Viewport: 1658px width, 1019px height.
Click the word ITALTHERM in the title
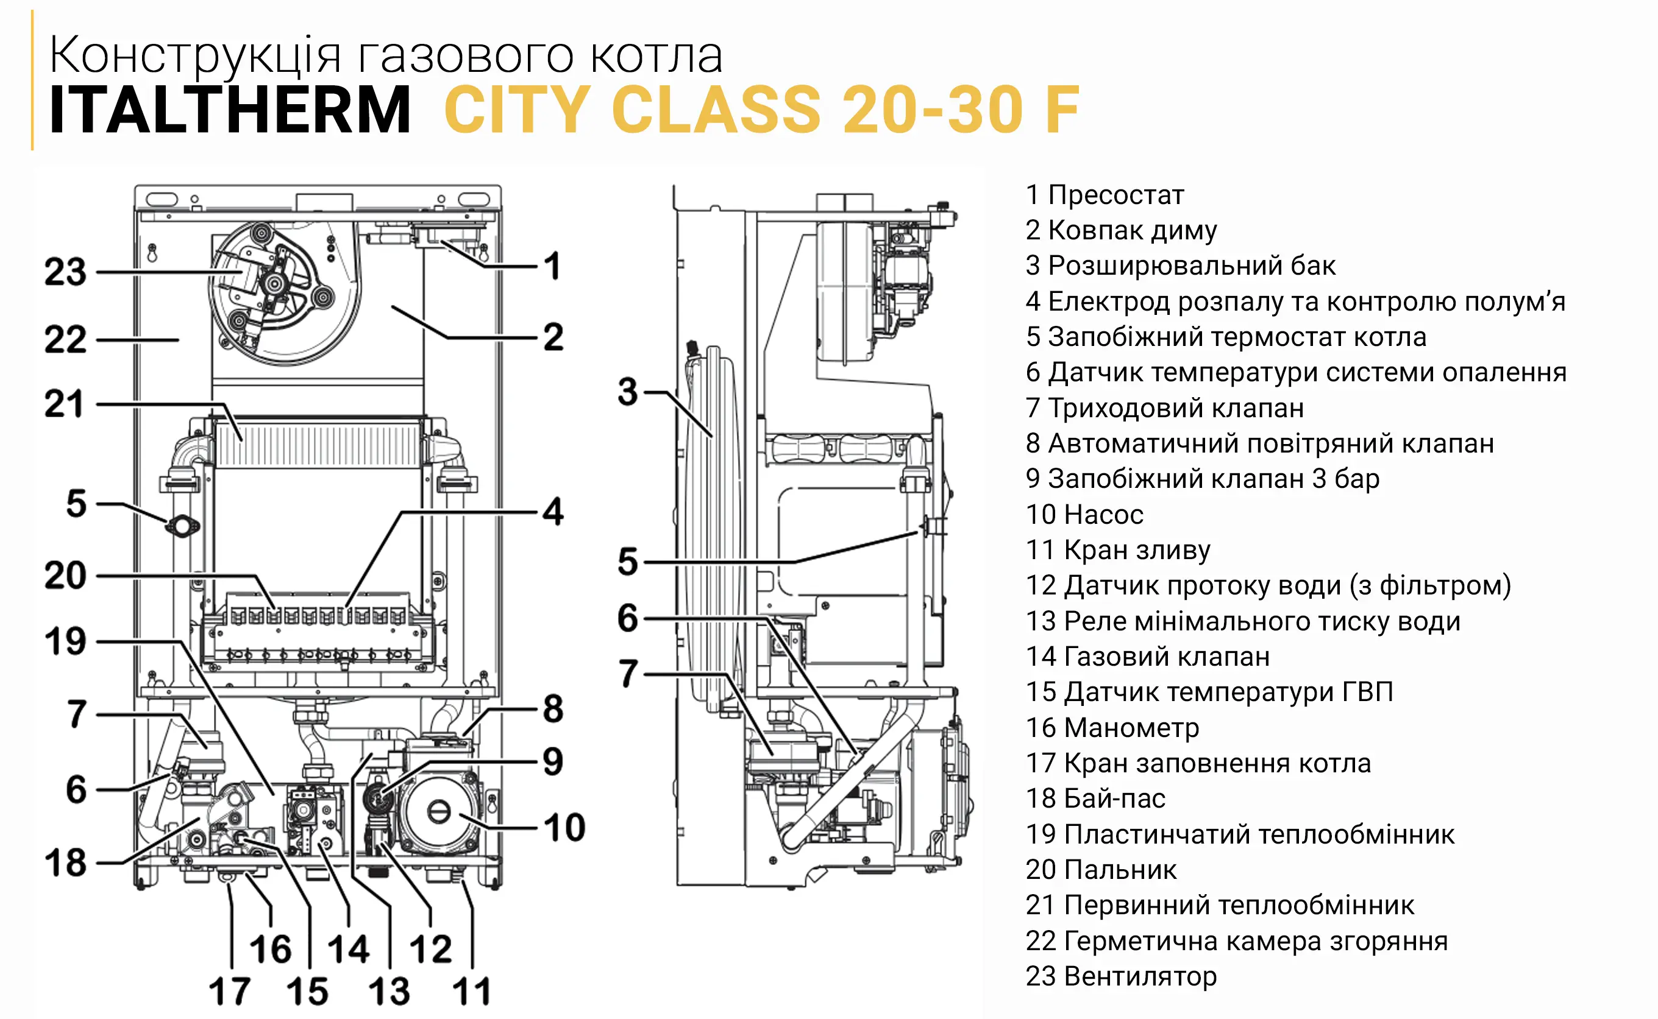(x=229, y=110)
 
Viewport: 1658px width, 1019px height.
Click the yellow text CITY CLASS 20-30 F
(x=761, y=110)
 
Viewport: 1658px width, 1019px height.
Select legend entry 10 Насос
(x=1084, y=515)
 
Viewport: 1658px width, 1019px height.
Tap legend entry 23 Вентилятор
(x=1120, y=976)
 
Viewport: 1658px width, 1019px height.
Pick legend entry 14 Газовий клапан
(x=1148, y=657)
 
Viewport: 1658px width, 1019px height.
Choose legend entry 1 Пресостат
(x=1105, y=196)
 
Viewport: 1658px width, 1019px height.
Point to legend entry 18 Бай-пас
(x=1095, y=799)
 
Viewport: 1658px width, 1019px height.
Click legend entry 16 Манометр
(x=1112, y=728)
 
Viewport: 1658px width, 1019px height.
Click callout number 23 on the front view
(x=65, y=272)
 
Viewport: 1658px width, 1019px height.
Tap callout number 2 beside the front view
(x=553, y=337)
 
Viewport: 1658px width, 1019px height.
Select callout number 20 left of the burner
(x=65, y=576)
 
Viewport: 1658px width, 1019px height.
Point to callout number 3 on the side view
(x=627, y=392)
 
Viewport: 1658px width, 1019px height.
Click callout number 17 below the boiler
(x=229, y=992)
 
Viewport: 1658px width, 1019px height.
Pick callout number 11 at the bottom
(x=471, y=992)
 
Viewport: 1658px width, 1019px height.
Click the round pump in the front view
(x=438, y=813)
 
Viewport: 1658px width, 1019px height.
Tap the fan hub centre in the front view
(x=274, y=284)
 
